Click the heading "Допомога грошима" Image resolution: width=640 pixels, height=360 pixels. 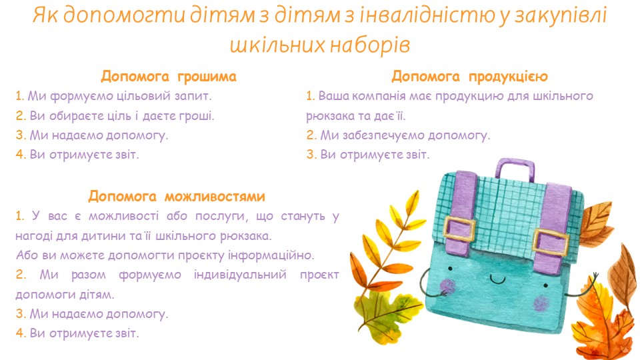pyautogui.click(x=169, y=76)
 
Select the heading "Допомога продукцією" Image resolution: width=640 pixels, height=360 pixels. pyautogui.click(x=469, y=76)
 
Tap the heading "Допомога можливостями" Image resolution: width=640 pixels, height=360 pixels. pyautogui.click(x=177, y=196)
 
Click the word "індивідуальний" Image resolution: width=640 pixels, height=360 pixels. pyautogui.click(x=240, y=274)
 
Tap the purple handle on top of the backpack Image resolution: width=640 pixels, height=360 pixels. pyautogui.click(x=515, y=169)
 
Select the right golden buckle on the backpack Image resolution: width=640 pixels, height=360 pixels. pyautogui.click(x=550, y=241)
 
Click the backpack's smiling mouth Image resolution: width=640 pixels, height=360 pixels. pyautogui.click(x=497, y=279)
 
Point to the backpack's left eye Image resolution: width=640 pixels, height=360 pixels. pyautogui.click(x=451, y=269)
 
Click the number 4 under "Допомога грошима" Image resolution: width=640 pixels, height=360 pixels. pyautogui.click(x=20, y=155)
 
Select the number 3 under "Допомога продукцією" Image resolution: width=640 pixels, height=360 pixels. pyautogui.click(x=311, y=155)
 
